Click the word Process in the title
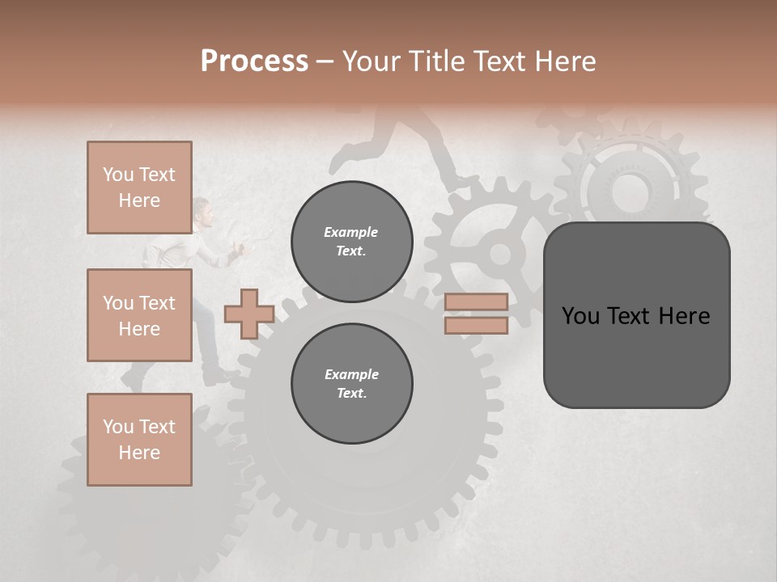254,61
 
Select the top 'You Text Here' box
139,188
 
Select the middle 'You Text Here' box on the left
139,315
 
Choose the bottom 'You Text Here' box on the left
139,440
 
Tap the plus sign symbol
248,314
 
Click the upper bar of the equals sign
476,302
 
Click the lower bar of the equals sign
476,325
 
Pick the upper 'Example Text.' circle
351,241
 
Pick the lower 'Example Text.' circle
351,383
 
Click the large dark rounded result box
636,315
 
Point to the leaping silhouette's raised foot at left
338,165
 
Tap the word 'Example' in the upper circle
350,232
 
